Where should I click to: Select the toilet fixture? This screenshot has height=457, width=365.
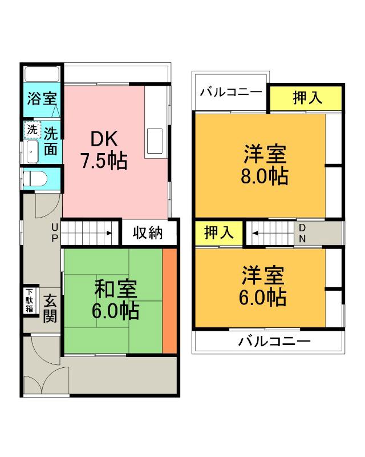pyautogui.click(x=36, y=178)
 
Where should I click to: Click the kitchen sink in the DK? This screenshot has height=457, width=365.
pyautogui.click(x=154, y=140)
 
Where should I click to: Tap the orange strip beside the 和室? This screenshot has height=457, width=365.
pyautogui.click(x=169, y=301)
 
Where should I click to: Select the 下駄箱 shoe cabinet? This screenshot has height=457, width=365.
pyautogui.click(x=29, y=300)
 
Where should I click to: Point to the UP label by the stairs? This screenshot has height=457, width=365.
pyautogui.click(x=55, y=233)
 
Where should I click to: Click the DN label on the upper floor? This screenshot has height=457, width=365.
pyautogui.click(x=303, y=232)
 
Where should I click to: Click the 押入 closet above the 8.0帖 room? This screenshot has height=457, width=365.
pyautogui.click(x=307, y=98)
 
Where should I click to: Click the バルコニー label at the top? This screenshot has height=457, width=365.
pyautogui.click(x=232, y=91)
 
